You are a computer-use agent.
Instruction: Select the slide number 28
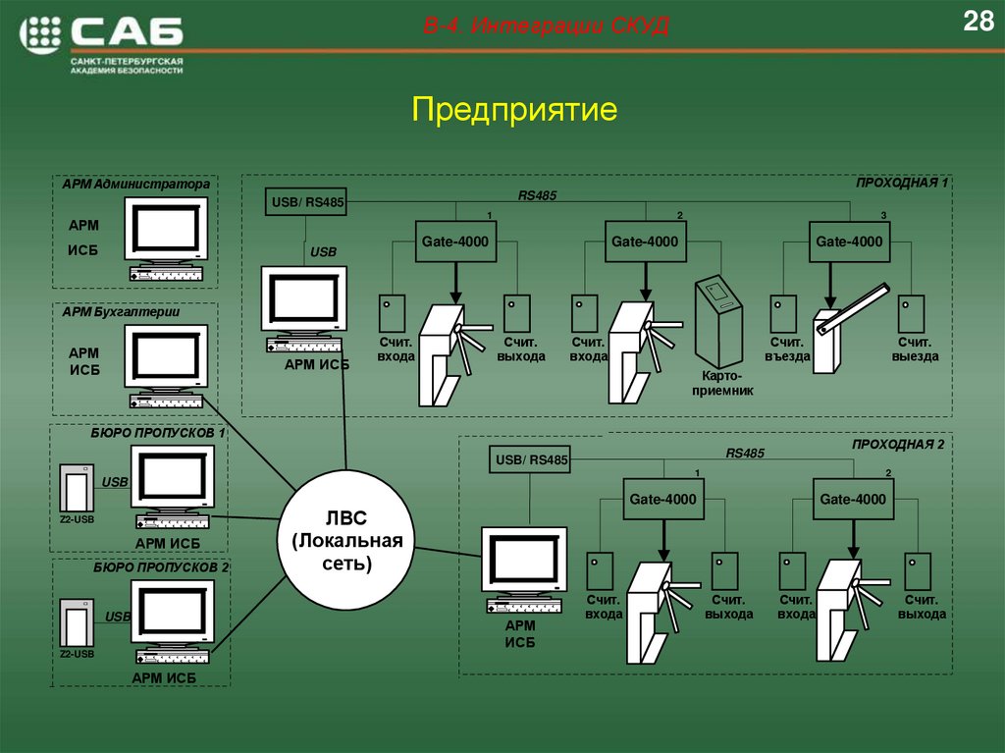(x=978, y=22)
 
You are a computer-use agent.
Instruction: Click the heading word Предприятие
(x=514, y=109)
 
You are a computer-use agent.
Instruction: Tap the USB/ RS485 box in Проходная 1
(x=307, y=203)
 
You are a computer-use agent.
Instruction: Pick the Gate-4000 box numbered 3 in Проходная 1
(x=849, y=242)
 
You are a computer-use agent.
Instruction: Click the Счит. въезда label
(x=786, y=350)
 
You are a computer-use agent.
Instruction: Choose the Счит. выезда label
(x=915, y=350)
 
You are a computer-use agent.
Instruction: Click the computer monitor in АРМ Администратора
(x=167, y=230)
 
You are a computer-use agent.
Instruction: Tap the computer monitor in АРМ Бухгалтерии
(x=167, y=356)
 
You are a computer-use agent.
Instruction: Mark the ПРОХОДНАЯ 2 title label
(x=898, y=444)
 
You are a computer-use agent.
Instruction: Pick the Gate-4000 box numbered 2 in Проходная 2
(x=853, y=500)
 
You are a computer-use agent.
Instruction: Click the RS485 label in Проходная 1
(x=537, y=195)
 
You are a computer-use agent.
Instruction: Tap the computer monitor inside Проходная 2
(x=524, y=561)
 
